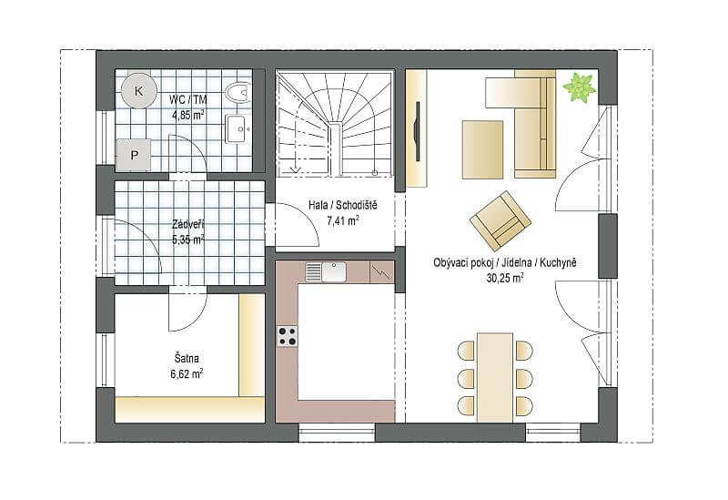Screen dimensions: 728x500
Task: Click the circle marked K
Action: point(139,90)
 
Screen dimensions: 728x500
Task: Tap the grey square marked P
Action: point(134,155)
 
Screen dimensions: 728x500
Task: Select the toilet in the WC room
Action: point(238,92)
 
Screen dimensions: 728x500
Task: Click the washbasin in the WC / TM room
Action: point(238,128)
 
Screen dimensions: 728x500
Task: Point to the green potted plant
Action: point(579,87)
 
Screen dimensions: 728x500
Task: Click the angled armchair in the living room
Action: point(500,221)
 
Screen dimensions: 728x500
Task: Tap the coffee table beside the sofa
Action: point(482,149)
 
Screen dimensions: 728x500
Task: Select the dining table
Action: point(495,377)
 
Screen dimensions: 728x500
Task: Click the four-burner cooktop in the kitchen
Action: point(288,336)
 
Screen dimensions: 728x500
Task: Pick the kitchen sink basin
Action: point(334,271)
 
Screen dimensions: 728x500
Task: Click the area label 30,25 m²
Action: point(505,278)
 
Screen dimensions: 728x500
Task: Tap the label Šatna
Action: point(187,358)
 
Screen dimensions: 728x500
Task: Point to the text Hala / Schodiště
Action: point(343,205)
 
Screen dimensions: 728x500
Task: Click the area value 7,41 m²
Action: point(343,220)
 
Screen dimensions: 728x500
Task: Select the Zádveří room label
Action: point(188,224)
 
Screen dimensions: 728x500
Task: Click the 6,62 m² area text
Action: point(187,373)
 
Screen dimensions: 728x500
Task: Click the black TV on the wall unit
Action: point(418,131)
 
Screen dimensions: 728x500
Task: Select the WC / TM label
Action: point(188,99)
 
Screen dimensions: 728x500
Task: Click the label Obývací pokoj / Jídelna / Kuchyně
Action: point(505,262)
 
